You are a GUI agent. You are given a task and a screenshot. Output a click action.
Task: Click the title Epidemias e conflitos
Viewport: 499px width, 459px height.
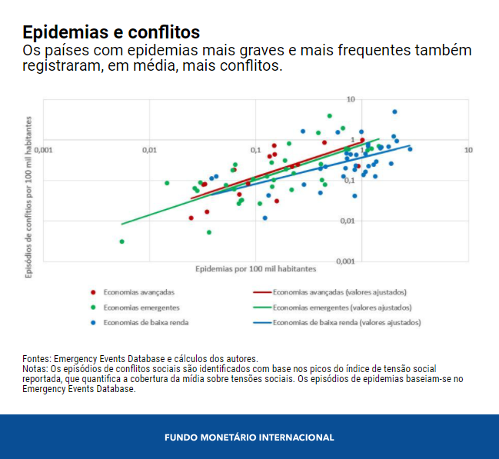[x=111, y=32]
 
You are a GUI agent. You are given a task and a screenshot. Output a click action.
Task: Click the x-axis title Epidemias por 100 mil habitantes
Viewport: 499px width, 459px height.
[x=255, y=269]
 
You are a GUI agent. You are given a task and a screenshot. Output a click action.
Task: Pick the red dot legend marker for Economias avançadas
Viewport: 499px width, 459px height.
[x=93, y=292]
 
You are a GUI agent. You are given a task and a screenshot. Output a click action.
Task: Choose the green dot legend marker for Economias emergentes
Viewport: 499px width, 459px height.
[x=93, y=308]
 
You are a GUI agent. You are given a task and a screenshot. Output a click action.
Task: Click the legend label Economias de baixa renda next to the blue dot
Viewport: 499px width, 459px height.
[x=146, y=323]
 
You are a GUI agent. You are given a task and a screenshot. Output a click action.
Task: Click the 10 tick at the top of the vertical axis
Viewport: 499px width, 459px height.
[x=350, y=99]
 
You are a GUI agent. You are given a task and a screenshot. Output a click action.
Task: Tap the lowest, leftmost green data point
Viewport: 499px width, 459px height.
[x=122, y=241]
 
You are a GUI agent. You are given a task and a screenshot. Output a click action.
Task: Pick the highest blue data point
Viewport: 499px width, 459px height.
[x=394, y=111]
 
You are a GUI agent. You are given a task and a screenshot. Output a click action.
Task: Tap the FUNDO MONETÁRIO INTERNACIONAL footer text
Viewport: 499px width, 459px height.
[x=249, y=437]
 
